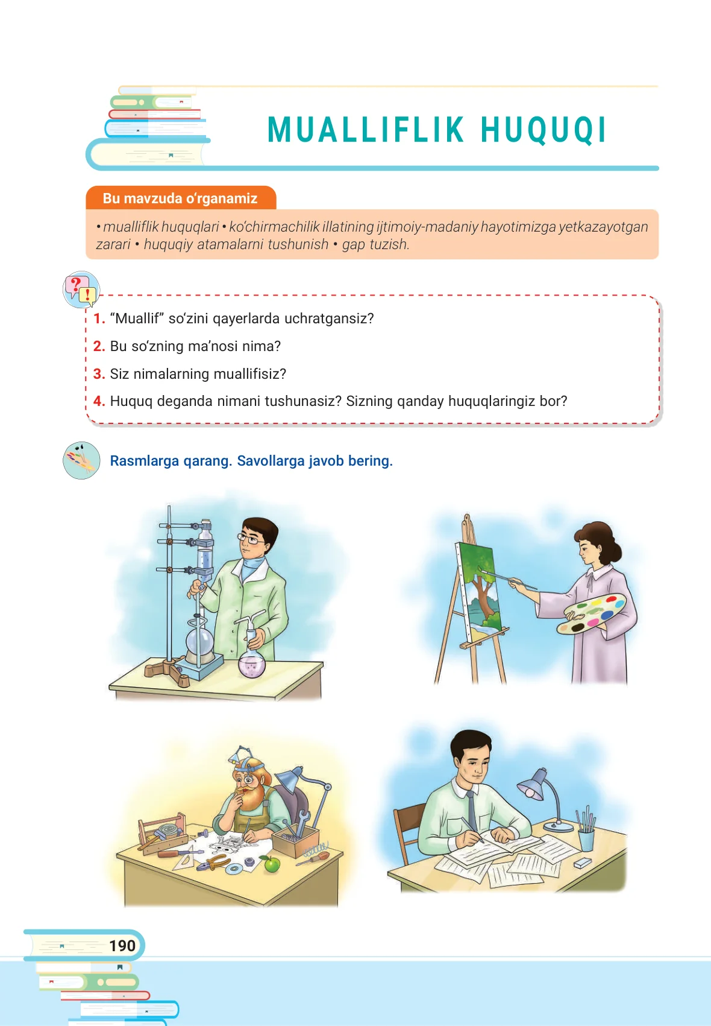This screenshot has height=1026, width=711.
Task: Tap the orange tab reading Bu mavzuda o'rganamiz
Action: point(181,198)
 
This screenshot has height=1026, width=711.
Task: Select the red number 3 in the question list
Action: point(99,374)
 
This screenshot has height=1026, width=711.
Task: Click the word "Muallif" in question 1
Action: point(137,318)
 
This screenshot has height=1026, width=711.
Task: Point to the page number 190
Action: point(122,945)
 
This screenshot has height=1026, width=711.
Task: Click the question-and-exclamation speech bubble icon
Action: point(81,290)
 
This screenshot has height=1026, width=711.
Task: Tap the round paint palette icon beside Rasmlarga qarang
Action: point(81,460)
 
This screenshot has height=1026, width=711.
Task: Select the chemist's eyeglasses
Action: point(250,540)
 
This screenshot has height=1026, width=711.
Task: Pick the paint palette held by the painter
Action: point(590,613)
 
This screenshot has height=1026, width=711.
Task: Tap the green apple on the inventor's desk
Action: point(272,864)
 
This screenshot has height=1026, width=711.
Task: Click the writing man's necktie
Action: point(472,810)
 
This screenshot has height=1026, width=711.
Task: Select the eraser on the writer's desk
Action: point(583,863)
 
